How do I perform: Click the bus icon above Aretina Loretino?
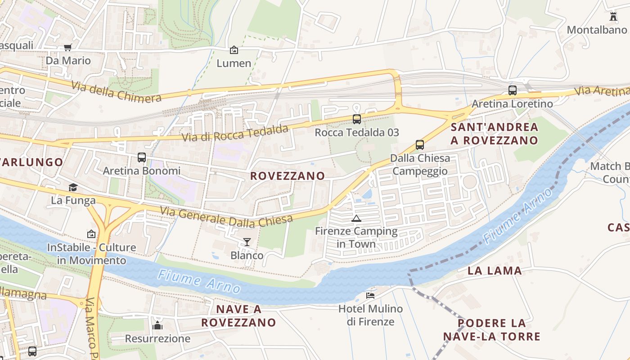tap(512, 90)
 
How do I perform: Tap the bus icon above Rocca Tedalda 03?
tap(357, 119)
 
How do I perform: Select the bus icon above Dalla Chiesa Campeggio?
tap(420, 145)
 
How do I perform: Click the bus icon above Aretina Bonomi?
tap(142, 157)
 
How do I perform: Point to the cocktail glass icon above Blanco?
tap(247, 242)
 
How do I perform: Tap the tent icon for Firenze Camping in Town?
tap(356, 219)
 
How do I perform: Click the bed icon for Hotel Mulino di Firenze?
tap(370, 295)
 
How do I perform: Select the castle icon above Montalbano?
tap(612, 17)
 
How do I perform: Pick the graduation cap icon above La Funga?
tap(73, 187)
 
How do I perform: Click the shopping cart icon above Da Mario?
tap(68, 47)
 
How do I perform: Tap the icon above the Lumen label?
tap(234, 50)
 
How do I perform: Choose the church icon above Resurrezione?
tap(157, 325)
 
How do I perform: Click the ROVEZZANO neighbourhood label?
tap(288, 176)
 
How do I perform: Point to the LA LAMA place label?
tap(495, 270)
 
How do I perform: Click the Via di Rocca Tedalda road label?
tap(234, 133)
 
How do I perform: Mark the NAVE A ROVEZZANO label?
tap(238, 316)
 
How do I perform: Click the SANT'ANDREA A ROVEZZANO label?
tap(495, 134)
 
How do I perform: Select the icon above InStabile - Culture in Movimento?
tap(91, 234)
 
